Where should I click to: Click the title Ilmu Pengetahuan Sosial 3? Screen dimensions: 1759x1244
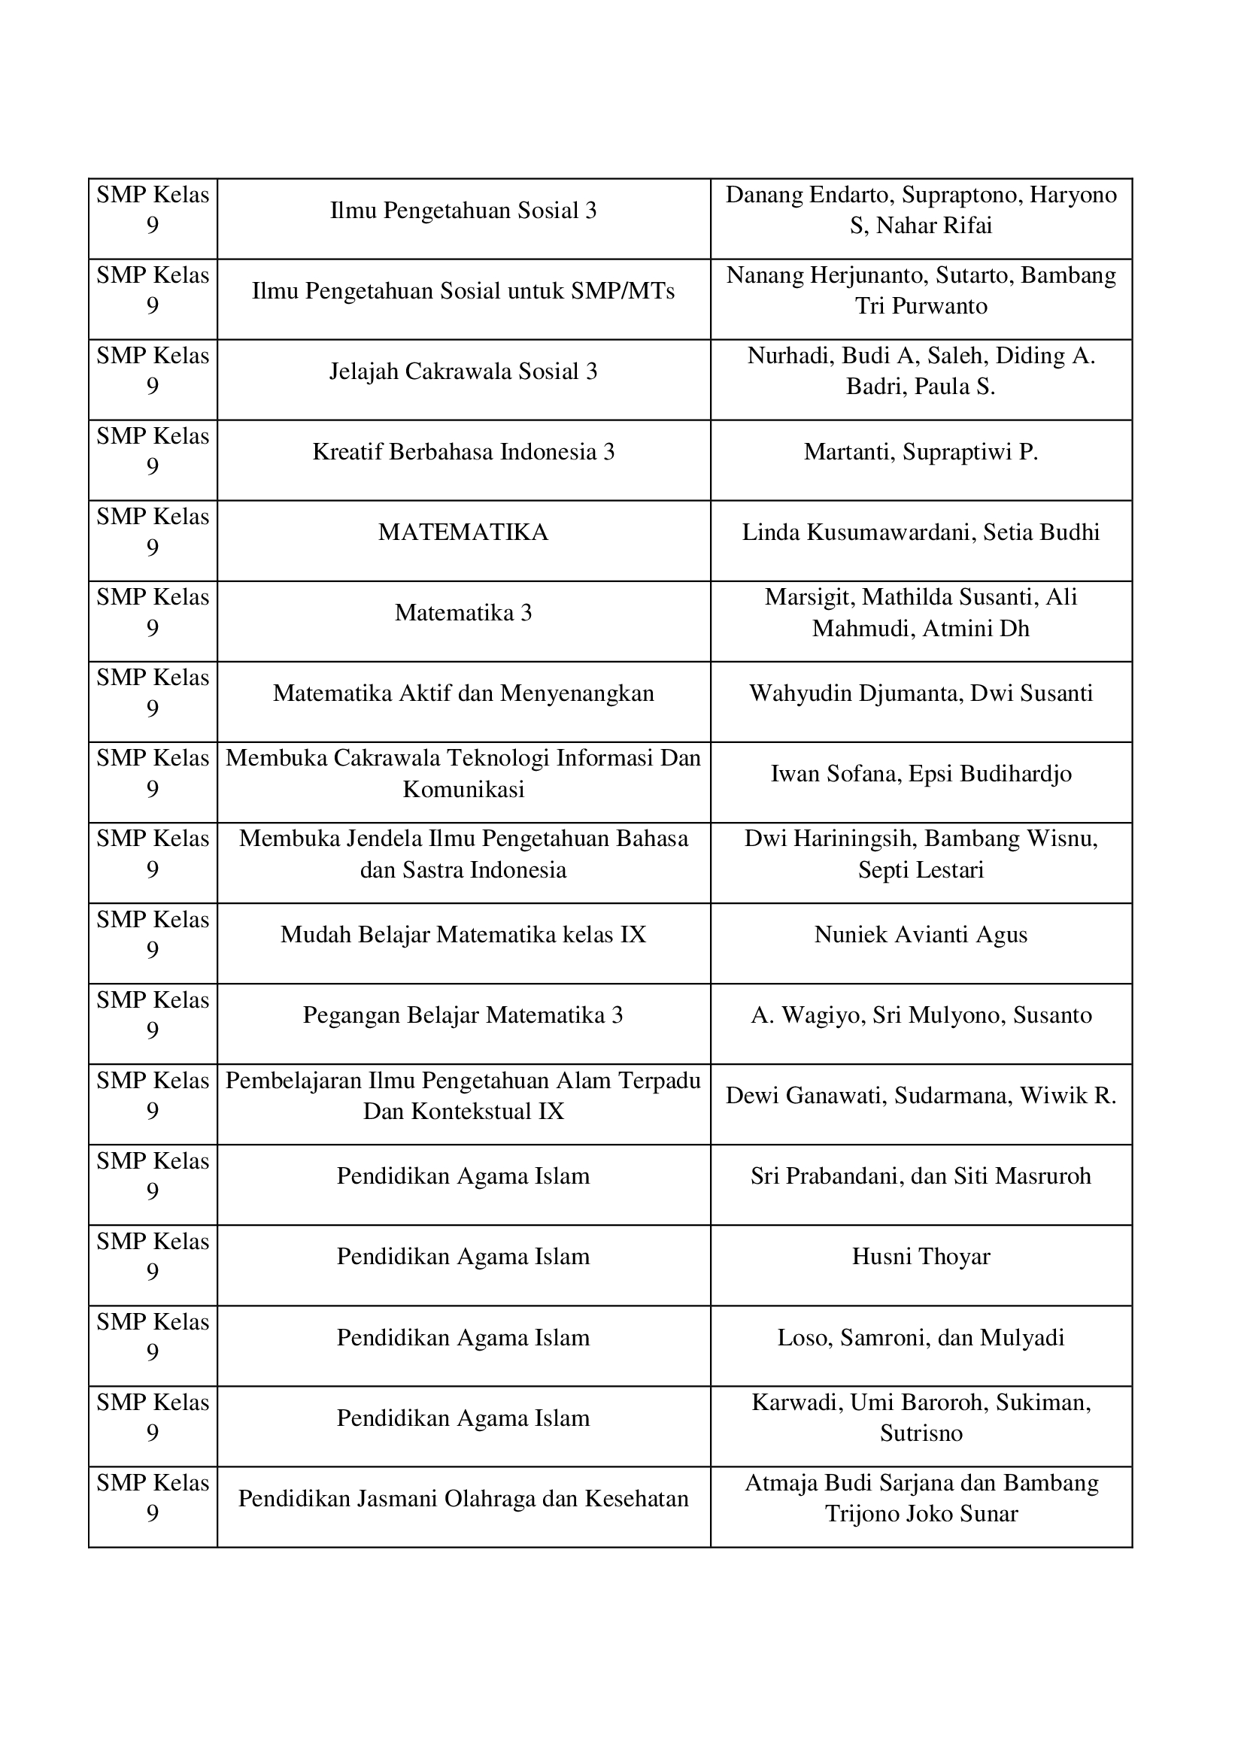pyautogui.click(x=463, y=211)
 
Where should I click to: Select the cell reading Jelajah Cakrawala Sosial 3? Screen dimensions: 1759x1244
pyautogui.click(x=463, y=372)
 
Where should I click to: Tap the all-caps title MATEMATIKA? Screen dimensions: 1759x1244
pyautogui.click(x=463, y=532)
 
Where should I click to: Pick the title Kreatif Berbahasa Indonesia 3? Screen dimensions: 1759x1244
pyautogui.click(x=463, y=452)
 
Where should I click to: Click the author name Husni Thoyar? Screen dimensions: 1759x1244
pyautogui.click(x=921, y=1257)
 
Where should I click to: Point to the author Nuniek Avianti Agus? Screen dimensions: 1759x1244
pyautogui.click(x=921, y=935)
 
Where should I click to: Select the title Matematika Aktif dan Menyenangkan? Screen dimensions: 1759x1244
pyautogui.click(x=463, y=693)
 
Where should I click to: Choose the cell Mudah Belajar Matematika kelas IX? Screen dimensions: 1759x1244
pyautogui.click(x=463, y=935)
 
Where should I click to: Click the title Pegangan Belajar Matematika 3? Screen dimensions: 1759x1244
pyautogui.click(x=463, y=1015)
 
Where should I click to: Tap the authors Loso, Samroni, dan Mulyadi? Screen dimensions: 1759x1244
pyautogui.click(x=921, y=1338)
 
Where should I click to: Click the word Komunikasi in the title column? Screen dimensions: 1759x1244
pyautogui.click(x=463, y=790)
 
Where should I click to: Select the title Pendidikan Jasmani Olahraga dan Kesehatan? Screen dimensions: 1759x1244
pyautogui.click(x=463, y=1499)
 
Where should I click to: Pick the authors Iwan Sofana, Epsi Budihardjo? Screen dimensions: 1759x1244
pyautogui.click(x=921, y=774)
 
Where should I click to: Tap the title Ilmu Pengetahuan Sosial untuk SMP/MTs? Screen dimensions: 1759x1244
pyautogui.click(x=463, y=291)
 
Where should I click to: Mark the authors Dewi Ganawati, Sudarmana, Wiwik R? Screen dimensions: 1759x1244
pyautogui.click(x=921, y=1096)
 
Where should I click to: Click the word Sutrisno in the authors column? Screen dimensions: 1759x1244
pyautogui.click(x=921, y=1433)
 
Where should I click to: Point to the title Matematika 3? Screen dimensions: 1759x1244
pyautogui.click(x=463, y=613)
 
